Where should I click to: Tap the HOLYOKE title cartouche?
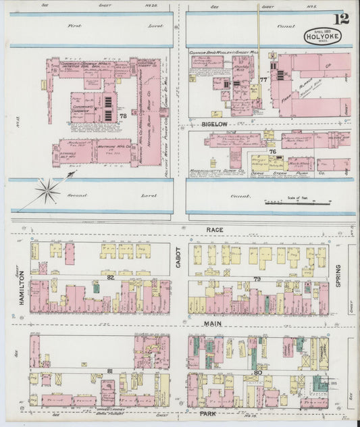click(x=322, y=36)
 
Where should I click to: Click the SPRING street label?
click(x=338, y=276)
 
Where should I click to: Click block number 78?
click(x=123, y=116)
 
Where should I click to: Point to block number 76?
click(x=272, y=151)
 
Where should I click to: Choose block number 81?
click(x=109, y=371)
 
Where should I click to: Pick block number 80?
click(x=257, y=372)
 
